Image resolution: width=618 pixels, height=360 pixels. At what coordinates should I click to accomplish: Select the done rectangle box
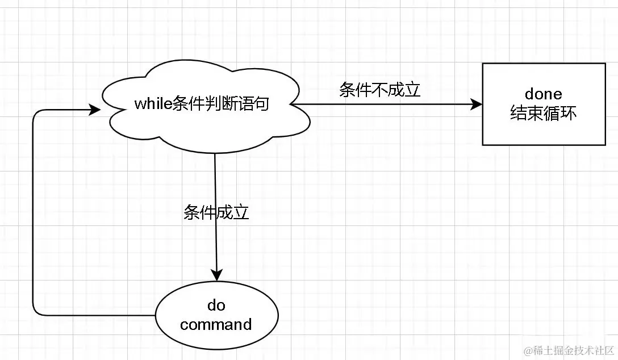[x=544, y=104]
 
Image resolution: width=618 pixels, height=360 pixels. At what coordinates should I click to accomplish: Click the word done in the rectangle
[x=544, y=94]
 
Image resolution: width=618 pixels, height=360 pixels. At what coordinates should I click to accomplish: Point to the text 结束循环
[x=544, y=114]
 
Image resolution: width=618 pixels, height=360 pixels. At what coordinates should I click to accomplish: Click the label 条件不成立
[x=380, y=90]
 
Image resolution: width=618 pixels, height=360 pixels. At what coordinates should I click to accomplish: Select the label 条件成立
[x=216, y=212]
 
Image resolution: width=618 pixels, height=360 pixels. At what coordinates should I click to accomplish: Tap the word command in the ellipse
[x=216, y=325]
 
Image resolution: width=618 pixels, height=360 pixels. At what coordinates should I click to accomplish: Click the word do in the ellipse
[x=216, y=306]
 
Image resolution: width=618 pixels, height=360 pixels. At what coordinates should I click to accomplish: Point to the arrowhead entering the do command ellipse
[x=216, y=274]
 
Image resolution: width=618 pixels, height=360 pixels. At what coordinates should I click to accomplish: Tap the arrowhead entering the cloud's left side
[x=95, y=110]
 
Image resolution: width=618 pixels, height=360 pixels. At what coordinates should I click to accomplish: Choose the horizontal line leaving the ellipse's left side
[x=97, y=315]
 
